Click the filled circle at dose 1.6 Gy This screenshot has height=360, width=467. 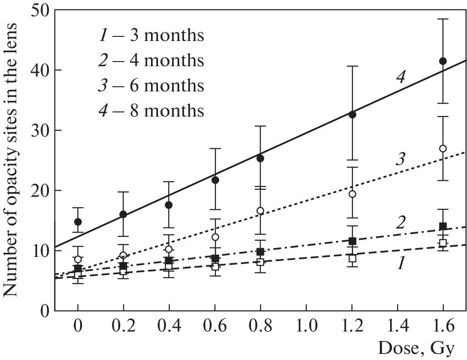(x=443, y=61)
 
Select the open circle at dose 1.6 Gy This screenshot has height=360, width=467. (x=443, y=148)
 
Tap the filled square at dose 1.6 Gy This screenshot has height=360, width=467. (x=443, y=226)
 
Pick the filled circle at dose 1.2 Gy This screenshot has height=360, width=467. (x=352, y=114)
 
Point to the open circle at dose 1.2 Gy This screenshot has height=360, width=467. (x=352, y=194)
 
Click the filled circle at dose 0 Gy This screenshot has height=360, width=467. (x=78, y=222)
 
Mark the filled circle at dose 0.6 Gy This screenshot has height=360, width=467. (x=215, y=180)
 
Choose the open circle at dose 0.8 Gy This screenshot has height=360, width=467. (x=261, y=210)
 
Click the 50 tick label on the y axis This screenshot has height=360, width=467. (x=39, y=10)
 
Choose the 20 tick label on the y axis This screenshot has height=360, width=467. (x=39, y=190)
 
